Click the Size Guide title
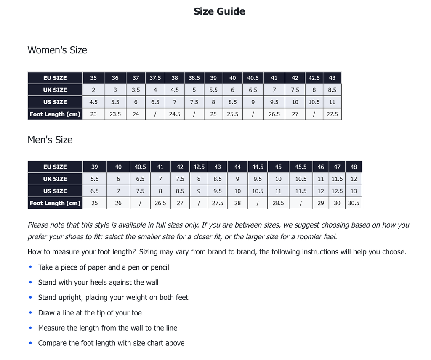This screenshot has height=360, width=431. click(219, 11)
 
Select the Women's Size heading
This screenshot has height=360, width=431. click(57, 50)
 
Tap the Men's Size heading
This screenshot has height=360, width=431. click(50, 140)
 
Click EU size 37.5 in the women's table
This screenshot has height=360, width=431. click(155, 78)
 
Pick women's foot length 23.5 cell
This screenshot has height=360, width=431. click(115, 114)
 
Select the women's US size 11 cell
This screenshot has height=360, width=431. click(332, 102)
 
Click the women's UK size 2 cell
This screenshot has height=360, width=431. click(93, 90)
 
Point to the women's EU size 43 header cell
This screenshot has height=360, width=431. click(332, 78)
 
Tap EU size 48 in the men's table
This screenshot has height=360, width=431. click(354, 167)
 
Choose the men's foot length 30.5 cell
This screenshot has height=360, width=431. click(354, 203)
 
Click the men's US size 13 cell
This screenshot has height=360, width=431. click(354, 191)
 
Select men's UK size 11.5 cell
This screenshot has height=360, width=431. click(337, 179)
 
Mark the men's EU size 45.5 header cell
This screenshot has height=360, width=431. click(301, 167)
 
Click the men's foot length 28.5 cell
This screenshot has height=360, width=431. click(278, 203)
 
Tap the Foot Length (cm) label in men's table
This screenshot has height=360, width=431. click(55, 203)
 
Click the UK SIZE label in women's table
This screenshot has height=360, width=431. click(55, 90)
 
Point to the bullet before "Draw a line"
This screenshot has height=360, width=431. click(30, 313)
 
